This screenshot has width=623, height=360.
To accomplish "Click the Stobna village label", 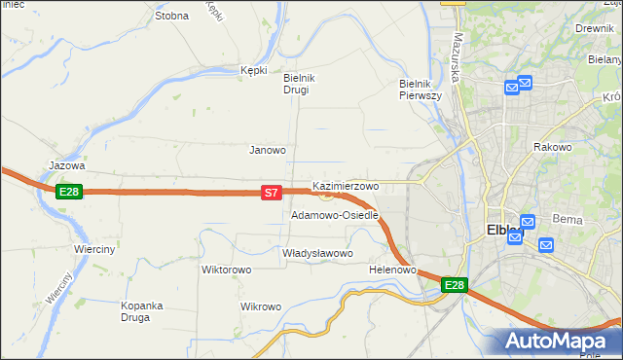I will [171, 17].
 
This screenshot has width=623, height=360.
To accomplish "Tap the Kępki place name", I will [254, 70].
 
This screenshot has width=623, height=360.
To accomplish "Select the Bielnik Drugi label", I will [296, 84].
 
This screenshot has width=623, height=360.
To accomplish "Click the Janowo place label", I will [268, 150].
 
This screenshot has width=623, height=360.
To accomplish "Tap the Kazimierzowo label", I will [346, 185].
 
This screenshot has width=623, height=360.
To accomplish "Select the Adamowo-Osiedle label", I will [334, 215].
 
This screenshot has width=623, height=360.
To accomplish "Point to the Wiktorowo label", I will [227, 270].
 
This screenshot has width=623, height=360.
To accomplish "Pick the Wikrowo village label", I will [261, 306].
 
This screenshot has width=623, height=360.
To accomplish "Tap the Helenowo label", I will [393, 270].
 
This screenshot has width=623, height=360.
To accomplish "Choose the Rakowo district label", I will [552, 147].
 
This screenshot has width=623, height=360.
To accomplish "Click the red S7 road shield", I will [273, 194].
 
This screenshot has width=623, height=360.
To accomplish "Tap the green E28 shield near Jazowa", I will [68, 192].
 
